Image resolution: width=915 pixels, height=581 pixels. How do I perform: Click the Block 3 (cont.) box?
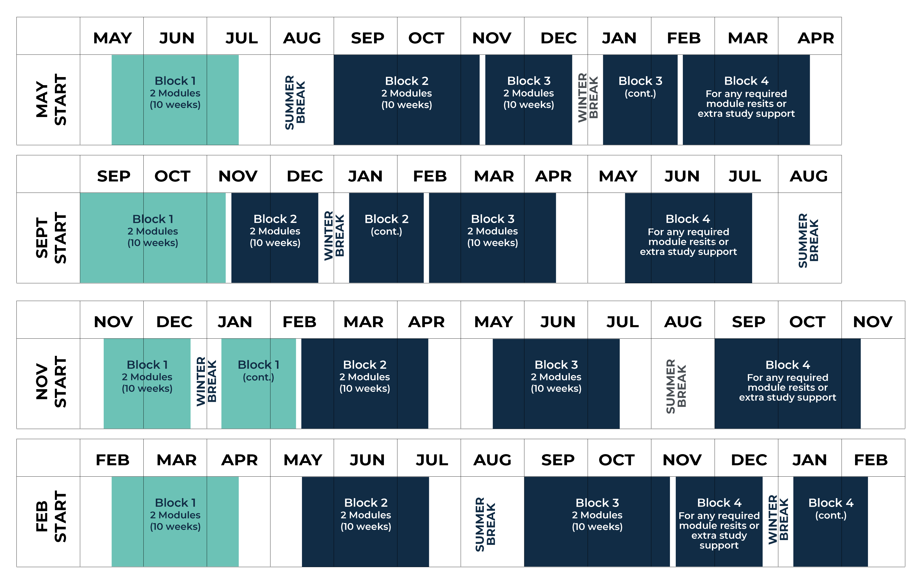tap(640, 100)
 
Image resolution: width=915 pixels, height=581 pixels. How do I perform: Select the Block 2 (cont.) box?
tap(386, 238)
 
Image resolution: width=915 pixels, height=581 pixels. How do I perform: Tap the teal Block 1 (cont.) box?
tap(258, 384)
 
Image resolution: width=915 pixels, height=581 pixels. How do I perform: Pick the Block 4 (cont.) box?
tap(830, 521)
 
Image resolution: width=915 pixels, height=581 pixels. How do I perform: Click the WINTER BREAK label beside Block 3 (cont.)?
tap(588, 98)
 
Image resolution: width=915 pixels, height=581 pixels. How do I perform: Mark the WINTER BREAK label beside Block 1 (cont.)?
tap(206, 382)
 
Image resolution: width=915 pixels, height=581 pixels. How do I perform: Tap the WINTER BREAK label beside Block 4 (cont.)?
tap(778, 520)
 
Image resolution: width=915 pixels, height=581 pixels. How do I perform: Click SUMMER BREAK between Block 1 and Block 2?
tap(295, 102)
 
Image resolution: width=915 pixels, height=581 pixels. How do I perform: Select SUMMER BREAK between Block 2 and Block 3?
tap(485, 524)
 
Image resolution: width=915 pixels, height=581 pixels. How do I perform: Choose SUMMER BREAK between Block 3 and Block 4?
tap(676, 386)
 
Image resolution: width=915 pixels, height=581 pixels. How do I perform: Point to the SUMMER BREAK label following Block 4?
tap(808, 240)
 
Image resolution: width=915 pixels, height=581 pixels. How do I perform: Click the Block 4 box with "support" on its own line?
tap(719, 521)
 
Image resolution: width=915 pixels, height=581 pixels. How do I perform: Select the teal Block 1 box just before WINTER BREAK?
tap(147, 384)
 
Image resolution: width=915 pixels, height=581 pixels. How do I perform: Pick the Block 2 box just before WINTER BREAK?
tap(275, 238)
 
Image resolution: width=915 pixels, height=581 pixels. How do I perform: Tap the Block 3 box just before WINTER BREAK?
tap(529, 100)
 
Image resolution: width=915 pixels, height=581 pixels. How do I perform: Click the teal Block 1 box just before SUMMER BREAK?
tap(175, 100)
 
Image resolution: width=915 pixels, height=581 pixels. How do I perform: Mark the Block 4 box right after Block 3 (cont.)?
tap(746, 100)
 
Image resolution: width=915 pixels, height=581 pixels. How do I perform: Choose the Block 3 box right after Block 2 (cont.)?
tap(492, 238)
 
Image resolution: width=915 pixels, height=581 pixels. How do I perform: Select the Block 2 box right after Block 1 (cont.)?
tap(364, 384)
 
